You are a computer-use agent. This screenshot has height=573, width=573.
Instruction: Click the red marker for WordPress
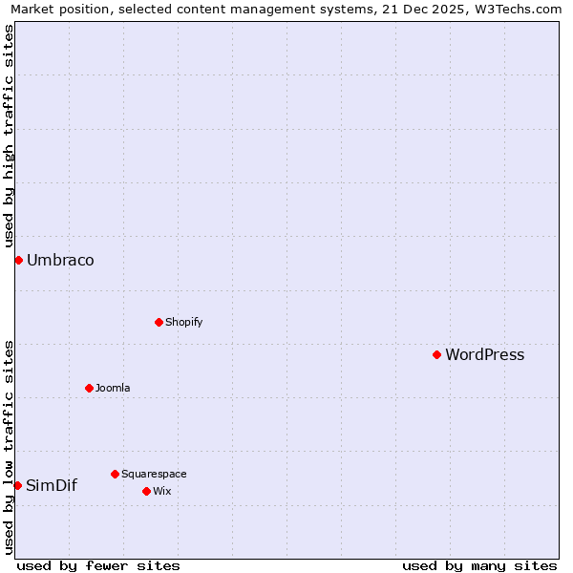(x=436, y=354)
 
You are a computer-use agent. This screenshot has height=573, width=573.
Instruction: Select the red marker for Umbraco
(x=18, y=260)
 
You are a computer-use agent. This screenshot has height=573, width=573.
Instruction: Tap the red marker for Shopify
(x=159, y=322)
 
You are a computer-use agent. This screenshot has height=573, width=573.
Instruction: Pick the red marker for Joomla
(x=89, y=388)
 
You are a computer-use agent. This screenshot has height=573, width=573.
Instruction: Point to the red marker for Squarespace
(x=115, y=474)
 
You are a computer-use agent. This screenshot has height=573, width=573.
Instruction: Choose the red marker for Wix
(x=146, y=491)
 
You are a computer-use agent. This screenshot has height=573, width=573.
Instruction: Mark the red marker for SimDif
(x=17, y=485)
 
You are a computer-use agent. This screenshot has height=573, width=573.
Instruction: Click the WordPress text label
(x=484, y=355)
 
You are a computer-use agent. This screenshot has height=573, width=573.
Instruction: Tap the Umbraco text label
(x=60, y=261)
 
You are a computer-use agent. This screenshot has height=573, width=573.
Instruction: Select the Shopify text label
(x=183, y=323)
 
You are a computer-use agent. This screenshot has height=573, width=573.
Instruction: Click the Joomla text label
(x=113, y=389)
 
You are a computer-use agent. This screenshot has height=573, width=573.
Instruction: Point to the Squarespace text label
(x=154, y=475)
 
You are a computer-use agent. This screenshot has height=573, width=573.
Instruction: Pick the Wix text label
(x=161, y=492)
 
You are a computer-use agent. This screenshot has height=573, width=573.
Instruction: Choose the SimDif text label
(x=52, y=486)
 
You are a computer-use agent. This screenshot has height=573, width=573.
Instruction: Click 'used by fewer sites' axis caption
(x=98, y=565)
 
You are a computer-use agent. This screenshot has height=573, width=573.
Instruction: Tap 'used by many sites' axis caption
(x=479, y=565)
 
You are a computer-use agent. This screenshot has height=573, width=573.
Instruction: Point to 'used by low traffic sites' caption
(x=9, y=446)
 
